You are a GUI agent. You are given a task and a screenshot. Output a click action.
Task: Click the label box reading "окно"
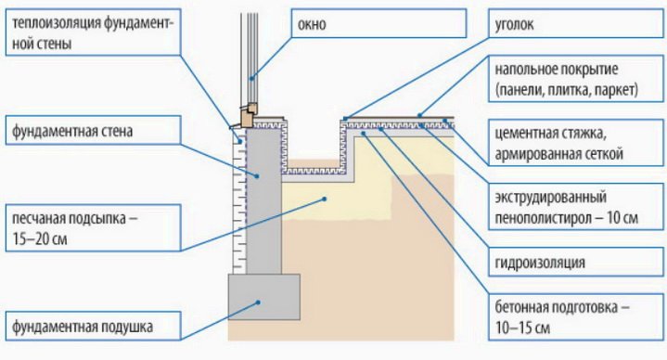[x=378, y=24]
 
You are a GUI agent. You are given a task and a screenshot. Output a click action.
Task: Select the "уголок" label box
[x=576, y=24]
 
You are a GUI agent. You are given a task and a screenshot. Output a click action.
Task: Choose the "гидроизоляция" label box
[x=576, y=262]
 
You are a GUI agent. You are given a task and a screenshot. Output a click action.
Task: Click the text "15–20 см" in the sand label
[x=40, y=239]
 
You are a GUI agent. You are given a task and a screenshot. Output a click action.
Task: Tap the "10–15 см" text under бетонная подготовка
[x=522, y=328]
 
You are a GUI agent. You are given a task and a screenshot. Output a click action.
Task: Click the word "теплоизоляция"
[x=56, y=23]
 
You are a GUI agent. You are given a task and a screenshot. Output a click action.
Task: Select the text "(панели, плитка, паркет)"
[x=567, y=90]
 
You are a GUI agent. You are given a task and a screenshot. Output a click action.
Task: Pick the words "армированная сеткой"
[x=559, y=154]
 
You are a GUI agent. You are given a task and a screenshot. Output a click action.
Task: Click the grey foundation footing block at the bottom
[x=264, y=297]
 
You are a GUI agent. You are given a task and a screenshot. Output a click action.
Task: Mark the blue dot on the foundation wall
[x=257, y=175]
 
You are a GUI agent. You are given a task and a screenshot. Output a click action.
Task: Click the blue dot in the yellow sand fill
[x=324, y=199]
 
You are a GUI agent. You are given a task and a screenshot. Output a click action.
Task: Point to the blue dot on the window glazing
[x=251, y=78]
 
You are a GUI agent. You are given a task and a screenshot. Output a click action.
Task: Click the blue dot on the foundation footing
[x=258, y=302]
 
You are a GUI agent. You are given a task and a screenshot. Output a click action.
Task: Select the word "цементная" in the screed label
[x=523, y=134]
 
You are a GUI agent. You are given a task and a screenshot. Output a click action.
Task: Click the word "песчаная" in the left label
[x=40, y=219]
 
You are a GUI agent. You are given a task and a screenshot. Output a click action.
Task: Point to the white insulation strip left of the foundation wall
[x=239, y=202]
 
